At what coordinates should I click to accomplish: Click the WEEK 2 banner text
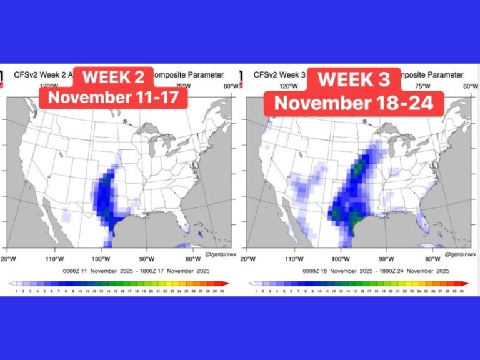click(114, 77)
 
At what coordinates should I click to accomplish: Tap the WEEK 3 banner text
click(354, 79)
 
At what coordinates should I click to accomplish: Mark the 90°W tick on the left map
click(147, 258)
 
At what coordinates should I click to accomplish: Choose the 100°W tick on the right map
click(341, 258)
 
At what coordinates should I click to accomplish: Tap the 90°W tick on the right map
click(386, 258)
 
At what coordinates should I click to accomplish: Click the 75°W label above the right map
click(422, 86)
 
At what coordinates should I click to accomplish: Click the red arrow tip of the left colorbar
click(226, 283)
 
